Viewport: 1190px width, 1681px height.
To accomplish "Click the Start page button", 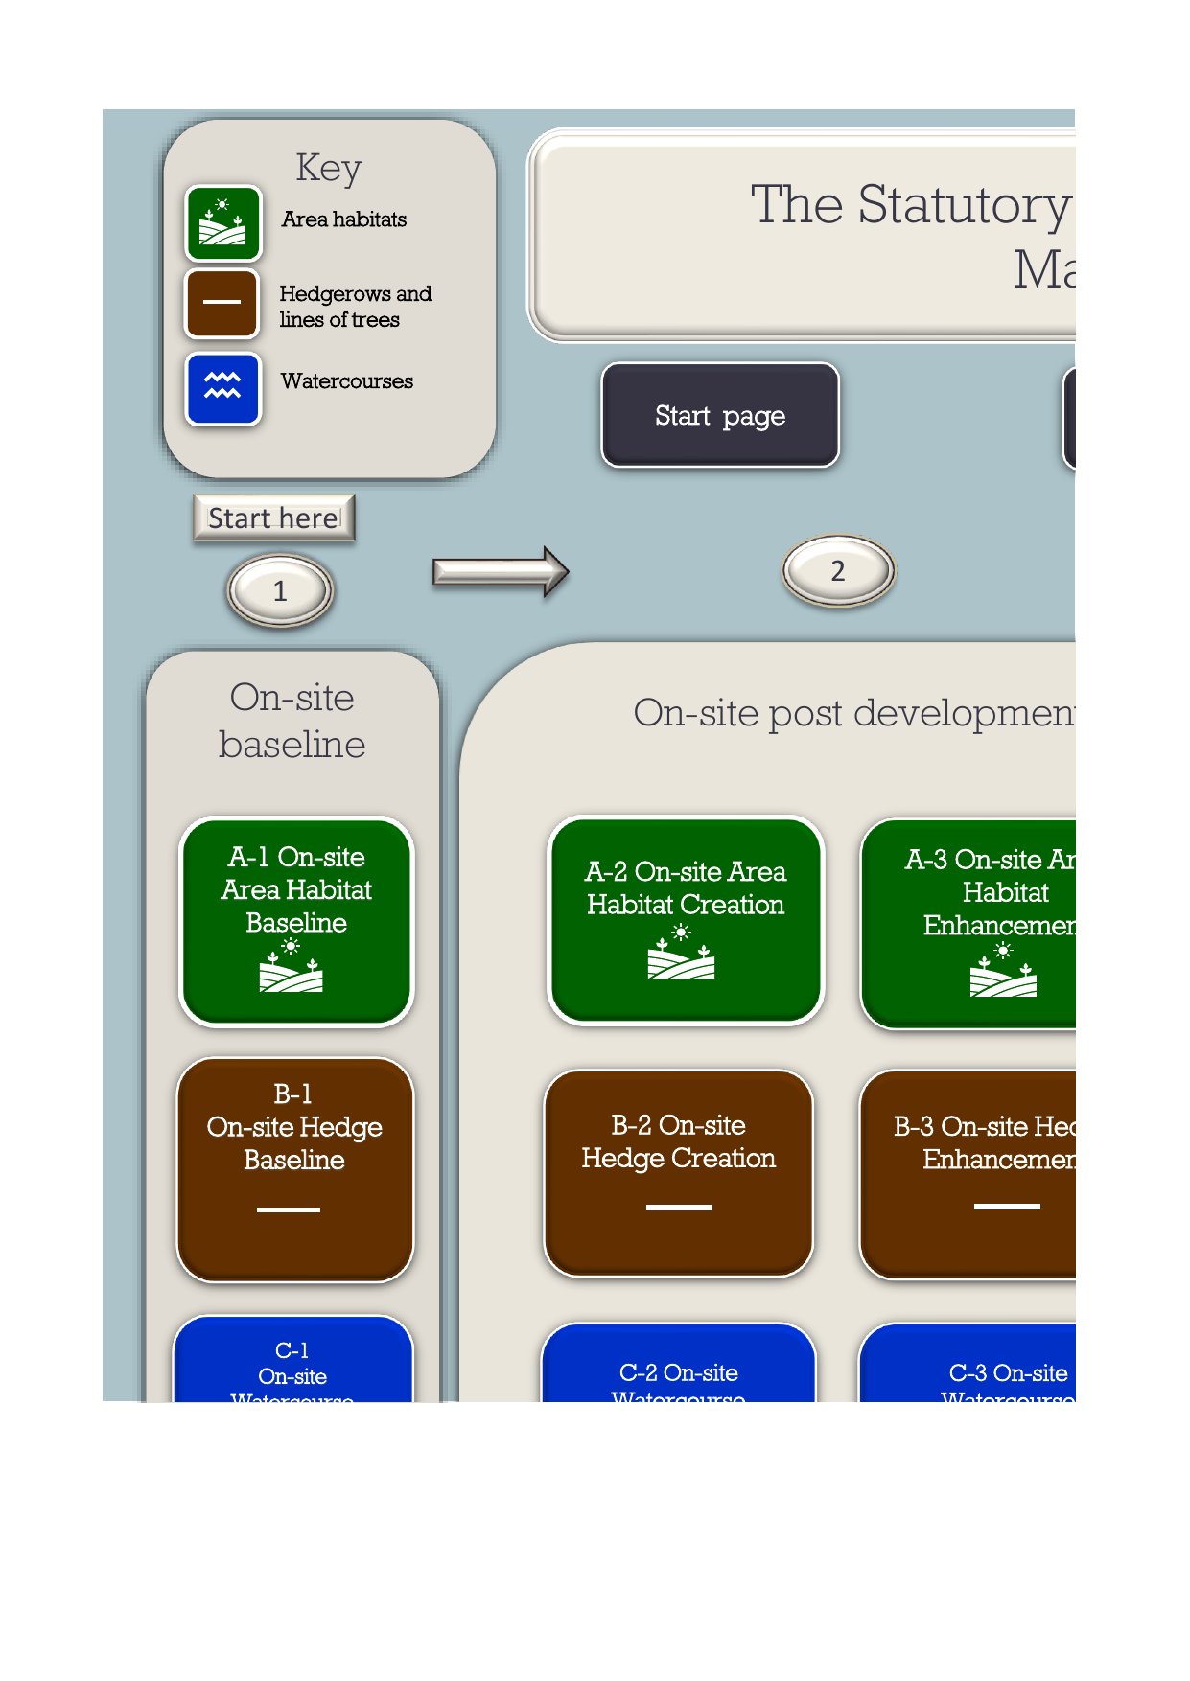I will click(x=720, y=415).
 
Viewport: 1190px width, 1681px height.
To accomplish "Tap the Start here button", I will click(x=274, y=518).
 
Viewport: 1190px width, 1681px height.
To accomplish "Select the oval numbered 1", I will click(x=280, y=590).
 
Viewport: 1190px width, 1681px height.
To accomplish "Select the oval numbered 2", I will click(x=838, y=571).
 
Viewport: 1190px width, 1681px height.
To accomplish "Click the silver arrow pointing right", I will click(x=500, y=572).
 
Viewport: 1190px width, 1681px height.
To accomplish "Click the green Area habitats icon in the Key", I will click(x=222, y=223).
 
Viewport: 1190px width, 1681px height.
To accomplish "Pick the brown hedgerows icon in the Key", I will click(x=222, y=303).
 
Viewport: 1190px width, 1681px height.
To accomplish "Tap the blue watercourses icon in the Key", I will click(x=222, y=388).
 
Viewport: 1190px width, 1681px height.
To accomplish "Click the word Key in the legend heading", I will click(x=329, y=168).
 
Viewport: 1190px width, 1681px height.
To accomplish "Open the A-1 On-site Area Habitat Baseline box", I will click(x=296, y=921).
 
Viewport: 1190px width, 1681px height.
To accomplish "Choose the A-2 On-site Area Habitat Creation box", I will click(x=685, y=921).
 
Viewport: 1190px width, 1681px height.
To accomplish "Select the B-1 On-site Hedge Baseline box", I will click(x=294, y=1169).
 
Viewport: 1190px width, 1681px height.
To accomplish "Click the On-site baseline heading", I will click(x=292, y=721).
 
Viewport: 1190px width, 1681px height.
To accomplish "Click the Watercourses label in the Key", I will click(x=347, y=381).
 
